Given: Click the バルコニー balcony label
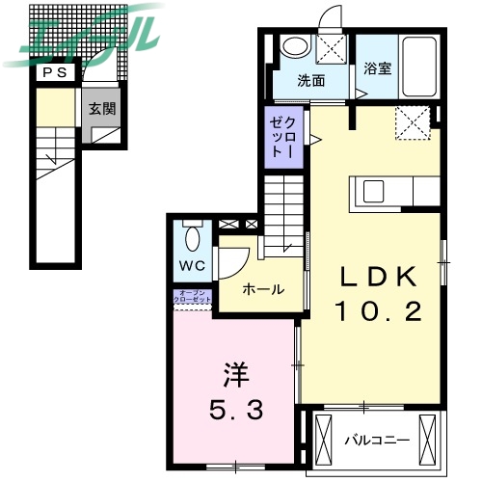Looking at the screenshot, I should [x=377, y=441].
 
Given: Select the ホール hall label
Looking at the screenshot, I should [x=261, y=289].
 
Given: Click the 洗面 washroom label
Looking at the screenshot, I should [x=309, y=80].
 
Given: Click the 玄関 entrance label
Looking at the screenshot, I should [x=102, y=109].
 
